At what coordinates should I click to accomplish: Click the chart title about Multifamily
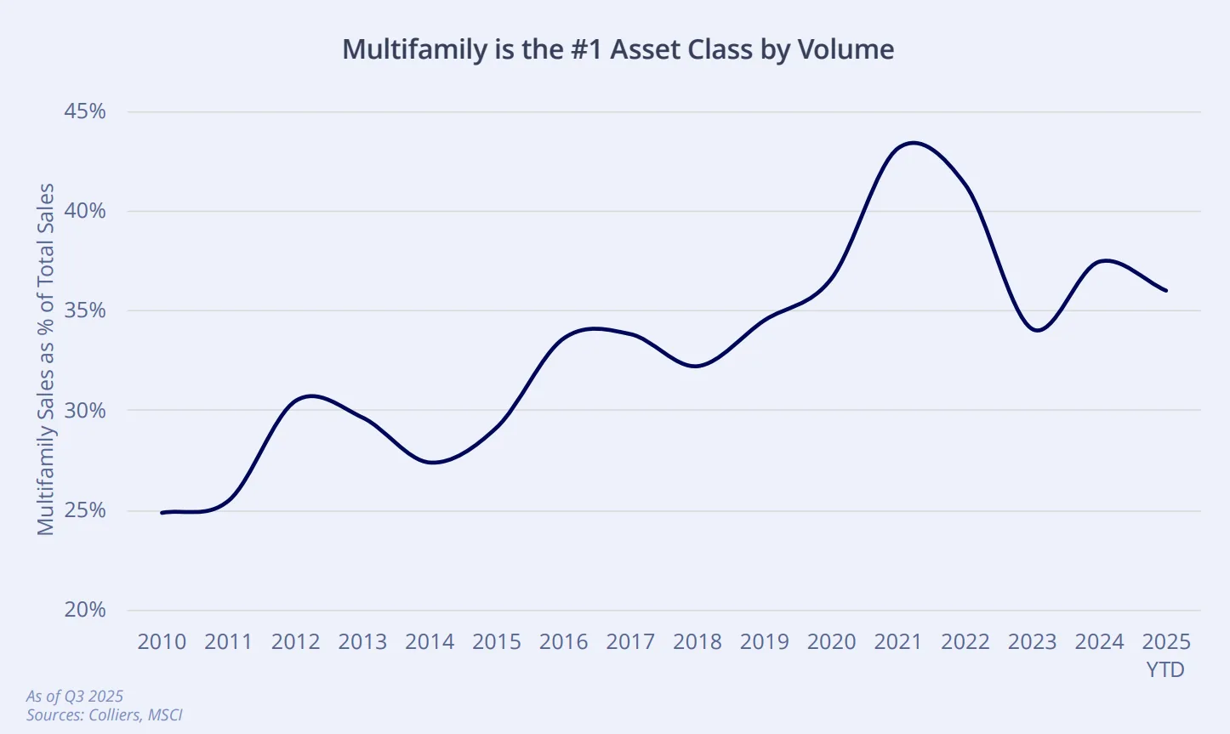click(x=618, y=49)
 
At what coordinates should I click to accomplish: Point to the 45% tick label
click(x=85, y=111)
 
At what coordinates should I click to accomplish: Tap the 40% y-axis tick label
click(x=85, y=211)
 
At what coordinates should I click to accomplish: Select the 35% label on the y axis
click(x=85, y=310)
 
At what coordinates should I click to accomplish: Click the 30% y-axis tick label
click(x=85, y=411)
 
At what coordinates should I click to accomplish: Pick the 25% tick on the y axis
click(x=85, y=510)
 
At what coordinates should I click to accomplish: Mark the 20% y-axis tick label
click(x=85, y=610)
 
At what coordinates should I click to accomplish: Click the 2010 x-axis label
click(x=162, y=642)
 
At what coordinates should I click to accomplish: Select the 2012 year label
click(x=295, y=642)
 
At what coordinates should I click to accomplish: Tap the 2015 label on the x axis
click(x=497, y=642)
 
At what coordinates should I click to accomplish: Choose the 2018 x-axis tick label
click(x=698, y=642)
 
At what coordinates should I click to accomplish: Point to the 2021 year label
click(x=898, y=642)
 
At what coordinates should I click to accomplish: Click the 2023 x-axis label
click(x=1032, y=642)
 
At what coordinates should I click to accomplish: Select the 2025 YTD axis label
click(x=1166, y=654)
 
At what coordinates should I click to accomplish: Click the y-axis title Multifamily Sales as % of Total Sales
click(x=46, y=360)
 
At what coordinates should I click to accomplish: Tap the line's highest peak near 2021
click(x=912, y=142)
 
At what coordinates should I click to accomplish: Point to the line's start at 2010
click(x=162, y=512)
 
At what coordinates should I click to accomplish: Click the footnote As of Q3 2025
click(x=75, y=697)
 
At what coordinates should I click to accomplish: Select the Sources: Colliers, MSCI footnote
click(x=105, y=715)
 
